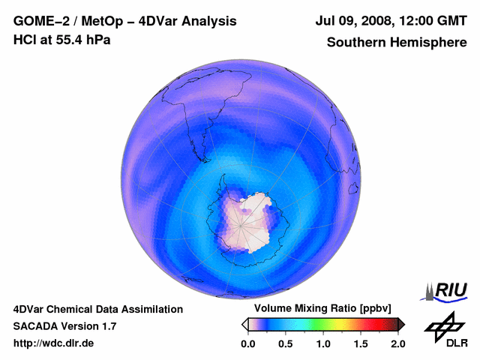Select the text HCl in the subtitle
(x=25, y=40)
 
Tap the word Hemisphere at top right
(x=434, y=43)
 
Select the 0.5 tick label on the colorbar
(x=285, y=343)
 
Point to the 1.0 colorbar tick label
(x=323, y=343)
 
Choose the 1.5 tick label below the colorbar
(x=361, y=343)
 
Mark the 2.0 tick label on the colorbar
(x=397, y=343)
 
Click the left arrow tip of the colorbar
(x=244, y=324)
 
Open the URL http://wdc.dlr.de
(x=54, y=343)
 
